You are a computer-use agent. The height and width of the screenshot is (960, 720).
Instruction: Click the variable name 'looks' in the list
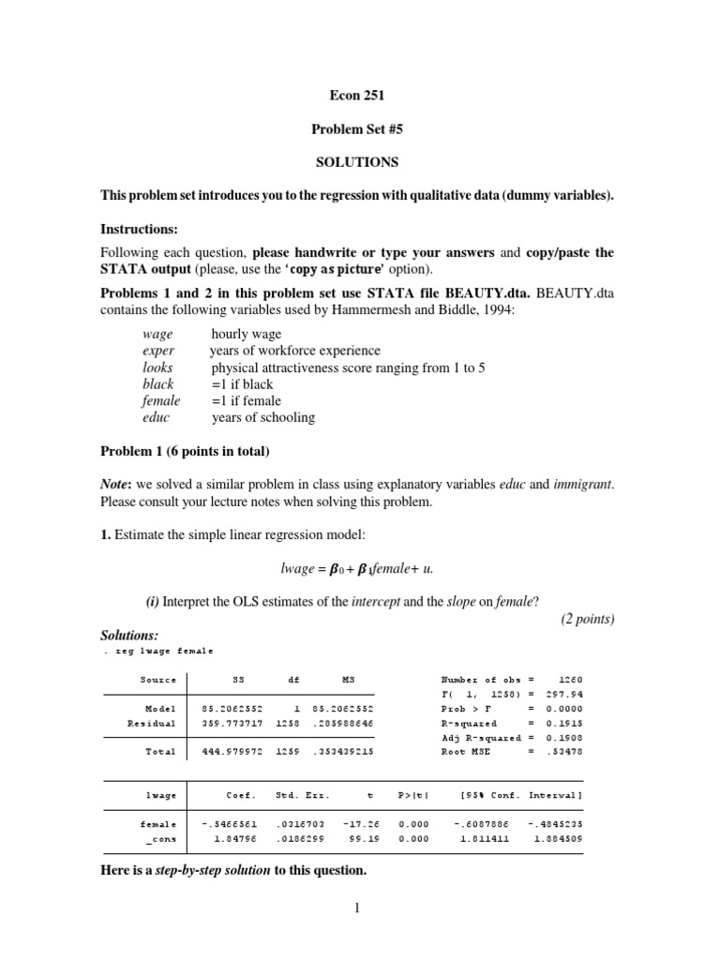[x=157, y=367]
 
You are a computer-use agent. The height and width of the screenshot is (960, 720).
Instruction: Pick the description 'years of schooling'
[x=263, y=417]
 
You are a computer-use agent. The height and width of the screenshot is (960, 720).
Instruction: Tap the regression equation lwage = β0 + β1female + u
[x=359, y=568]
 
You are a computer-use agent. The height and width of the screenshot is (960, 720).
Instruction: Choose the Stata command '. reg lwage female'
[x=157, y=651]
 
